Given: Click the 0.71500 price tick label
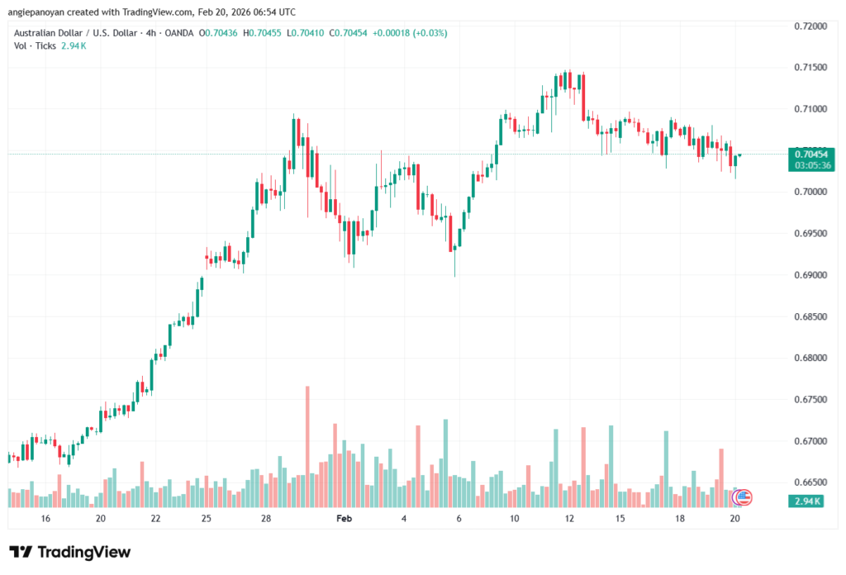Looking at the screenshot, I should coord(809,67).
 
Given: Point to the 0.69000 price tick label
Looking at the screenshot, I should coord(809,274).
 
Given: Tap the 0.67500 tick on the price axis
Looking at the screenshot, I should coord(809,399).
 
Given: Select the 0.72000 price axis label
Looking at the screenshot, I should coord(809,26).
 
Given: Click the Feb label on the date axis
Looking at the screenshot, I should coord(345,518).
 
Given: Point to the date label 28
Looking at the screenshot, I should coord(266,518).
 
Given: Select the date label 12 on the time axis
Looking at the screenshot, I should coord(569,518).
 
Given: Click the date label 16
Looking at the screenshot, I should coord(45,518).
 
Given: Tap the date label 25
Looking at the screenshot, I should coord(206,518).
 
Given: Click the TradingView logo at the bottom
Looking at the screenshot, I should coord(69,552).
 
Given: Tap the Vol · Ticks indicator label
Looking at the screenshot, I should coord(35,45).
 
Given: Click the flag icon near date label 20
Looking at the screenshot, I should coord(742,497).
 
